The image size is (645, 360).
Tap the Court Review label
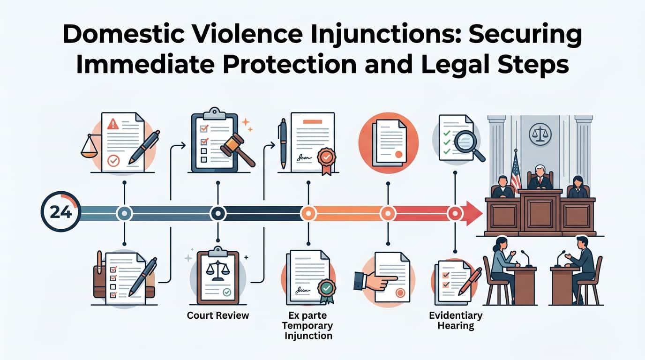pos(217,315)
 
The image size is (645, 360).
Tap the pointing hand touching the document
pos(370,279)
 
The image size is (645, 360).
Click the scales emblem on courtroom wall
pos(540,135)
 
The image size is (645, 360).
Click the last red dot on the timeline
pos(455,213)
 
